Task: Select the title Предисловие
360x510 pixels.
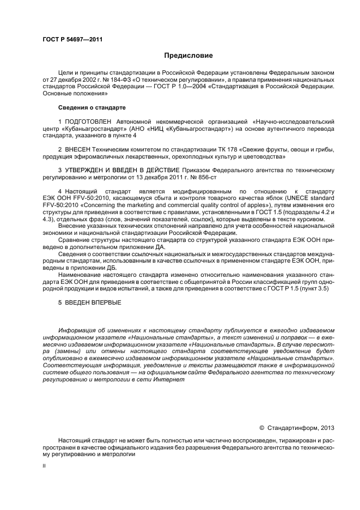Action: click(188, 55)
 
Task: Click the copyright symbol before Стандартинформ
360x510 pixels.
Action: click(261, 428)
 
